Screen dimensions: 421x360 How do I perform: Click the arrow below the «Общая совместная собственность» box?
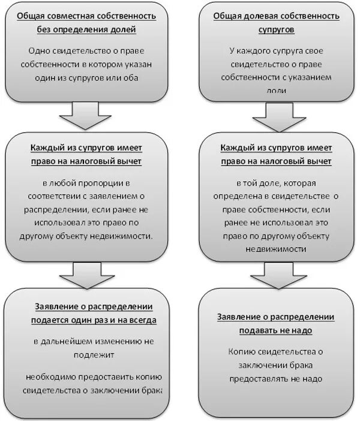coord(86,117)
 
